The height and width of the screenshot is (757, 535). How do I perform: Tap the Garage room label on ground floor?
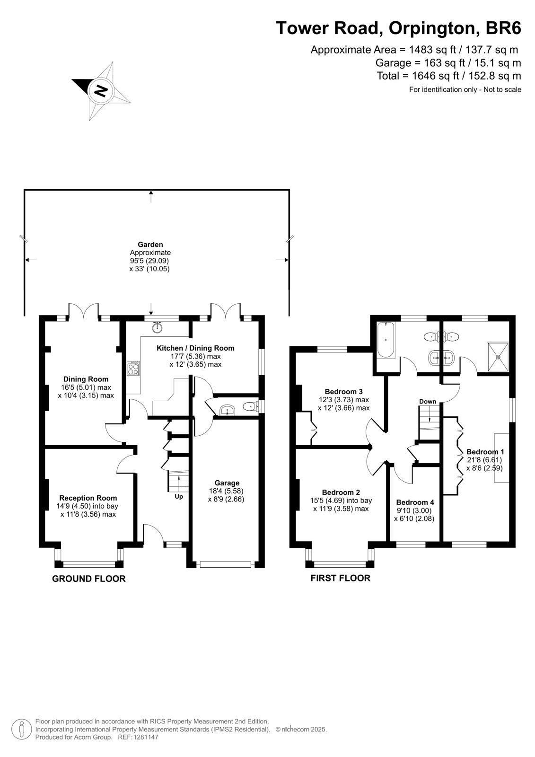227,483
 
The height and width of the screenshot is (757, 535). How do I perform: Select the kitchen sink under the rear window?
158,327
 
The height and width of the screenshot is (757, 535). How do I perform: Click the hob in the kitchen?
133,368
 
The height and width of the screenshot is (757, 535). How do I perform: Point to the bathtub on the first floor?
386,340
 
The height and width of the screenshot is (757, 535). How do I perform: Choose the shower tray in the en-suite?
498,356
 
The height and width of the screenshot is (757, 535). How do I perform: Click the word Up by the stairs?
179,496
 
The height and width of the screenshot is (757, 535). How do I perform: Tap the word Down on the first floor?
428,402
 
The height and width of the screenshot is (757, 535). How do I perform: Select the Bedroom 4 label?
415,502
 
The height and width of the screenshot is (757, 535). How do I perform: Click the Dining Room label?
86,379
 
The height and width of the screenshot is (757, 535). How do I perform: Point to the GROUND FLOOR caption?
89,579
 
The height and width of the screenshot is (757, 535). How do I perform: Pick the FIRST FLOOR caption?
340,578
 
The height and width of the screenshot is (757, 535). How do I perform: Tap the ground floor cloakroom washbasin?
227,410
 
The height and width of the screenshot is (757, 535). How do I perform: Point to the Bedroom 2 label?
341,493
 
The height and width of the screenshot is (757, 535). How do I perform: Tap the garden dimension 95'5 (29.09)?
149,261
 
